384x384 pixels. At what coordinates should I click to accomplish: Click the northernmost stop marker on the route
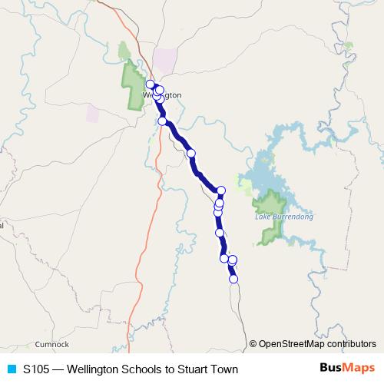tap(151, 84)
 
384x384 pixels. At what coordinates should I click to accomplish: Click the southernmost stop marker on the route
tap(233, 279)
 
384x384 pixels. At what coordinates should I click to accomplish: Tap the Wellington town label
tap(163, 94)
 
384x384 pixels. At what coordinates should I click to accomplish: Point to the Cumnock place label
tap(51, 344)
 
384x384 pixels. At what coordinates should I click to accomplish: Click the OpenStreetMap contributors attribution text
tap(317, 344)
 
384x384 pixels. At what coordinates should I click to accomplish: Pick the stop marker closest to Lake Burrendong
tap(221, 190)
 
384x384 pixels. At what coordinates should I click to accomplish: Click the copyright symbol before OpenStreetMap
tap(253, 344)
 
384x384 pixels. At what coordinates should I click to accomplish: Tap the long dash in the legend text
tap(60, 369)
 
